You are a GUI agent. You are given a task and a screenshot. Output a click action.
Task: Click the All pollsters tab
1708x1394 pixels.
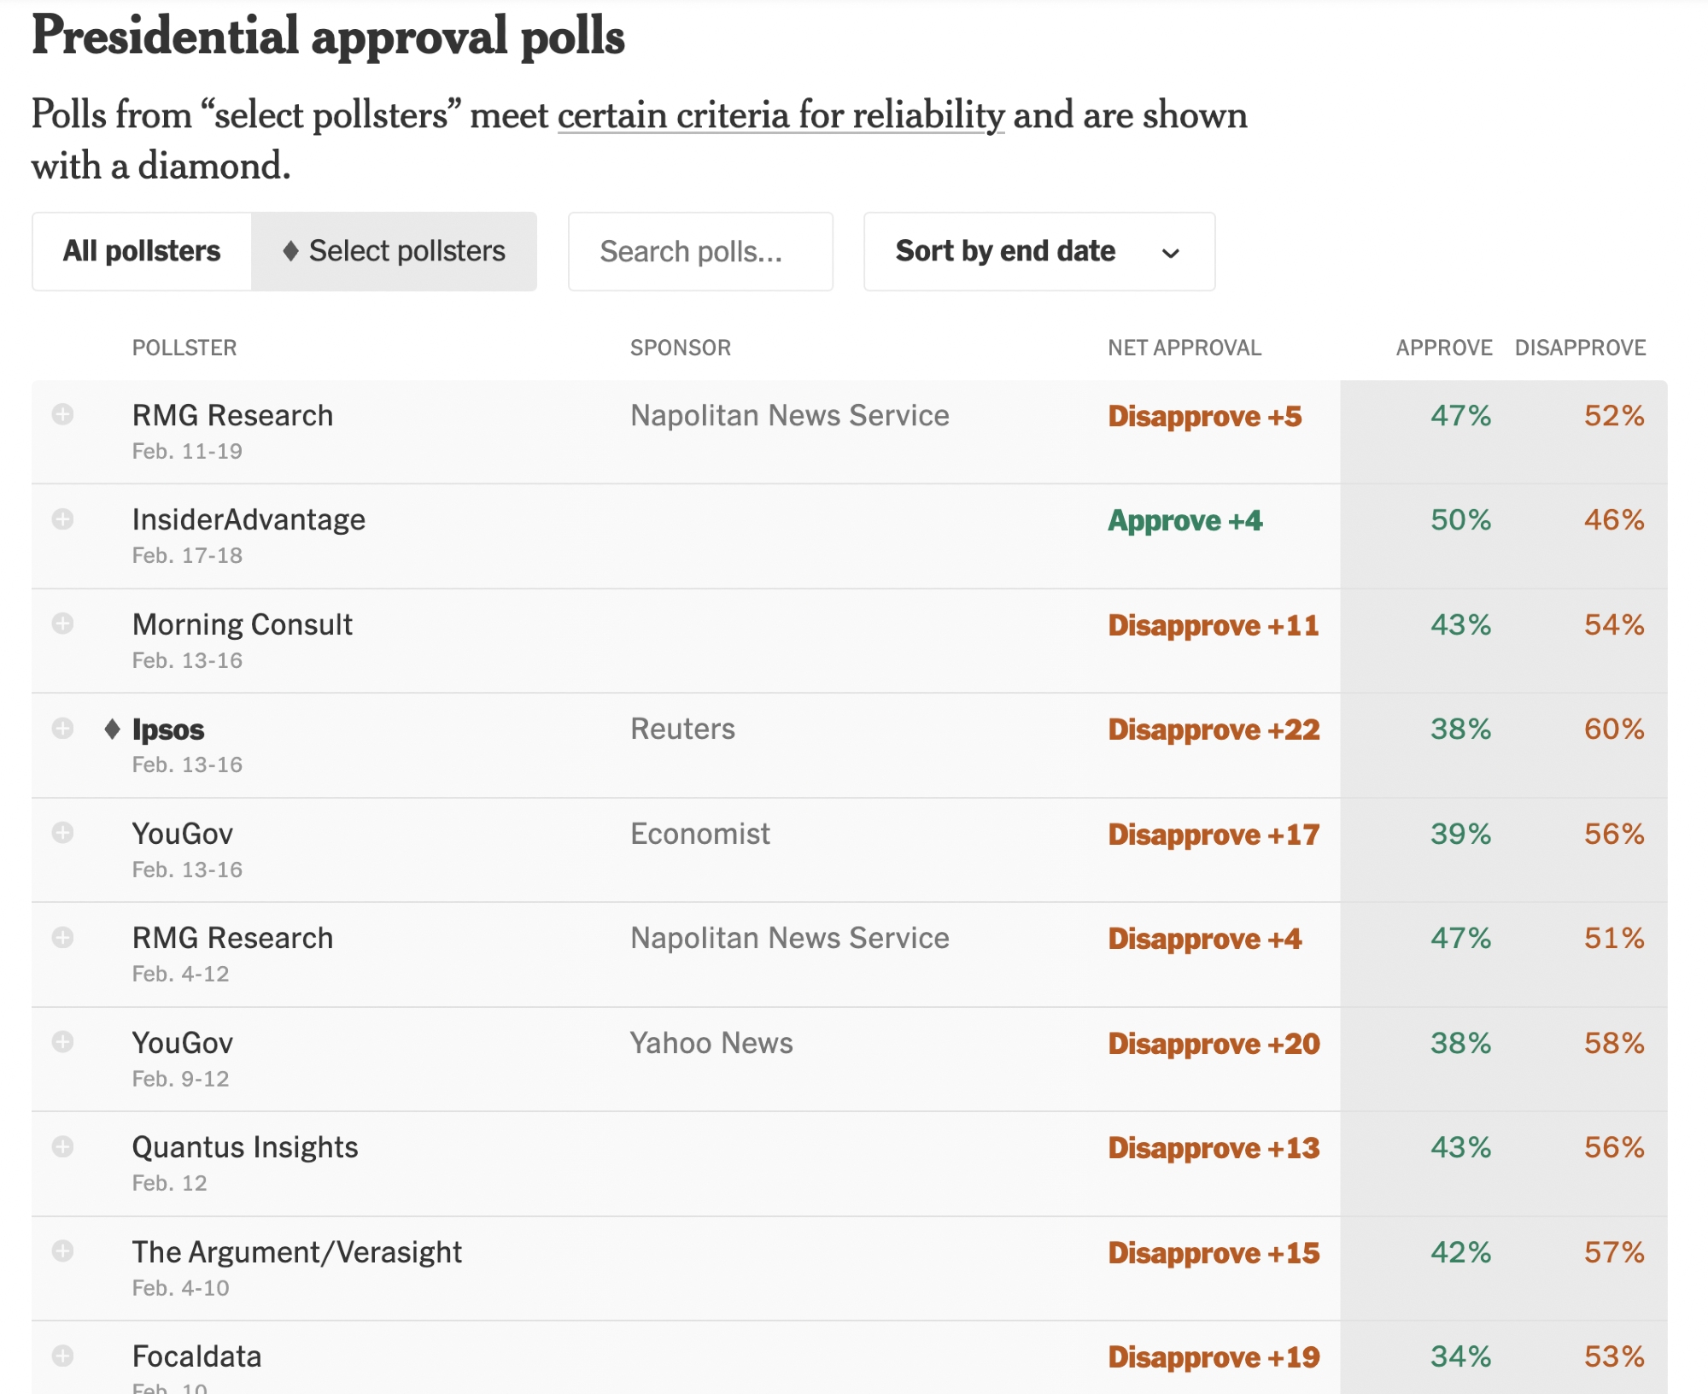pyautogui.click(x=142, y=251)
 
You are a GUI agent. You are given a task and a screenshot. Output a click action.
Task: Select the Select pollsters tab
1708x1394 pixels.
pyautogui.click(x=394, y=251)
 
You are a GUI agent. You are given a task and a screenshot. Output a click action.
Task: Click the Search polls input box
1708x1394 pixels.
pyautogui.click(x=700, y=251)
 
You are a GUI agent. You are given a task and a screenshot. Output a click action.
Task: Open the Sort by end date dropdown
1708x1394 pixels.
pyautogui.click(x=1038, y=251)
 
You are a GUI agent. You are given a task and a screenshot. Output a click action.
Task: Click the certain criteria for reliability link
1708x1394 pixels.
pyautogui.click(x=781, y=115)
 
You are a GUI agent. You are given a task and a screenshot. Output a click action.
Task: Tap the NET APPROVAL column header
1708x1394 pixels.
pyautogui.click(x=1184, y=348)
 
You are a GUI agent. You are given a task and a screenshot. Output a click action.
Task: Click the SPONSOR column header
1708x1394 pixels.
pyautogui.click(x=680, y=348)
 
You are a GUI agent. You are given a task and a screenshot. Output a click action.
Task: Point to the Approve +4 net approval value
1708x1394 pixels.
pyautogui.click(x=1184, y=520)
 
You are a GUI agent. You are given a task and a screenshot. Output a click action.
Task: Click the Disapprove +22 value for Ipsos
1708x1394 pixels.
pyautogui.click(x=1213, y=729)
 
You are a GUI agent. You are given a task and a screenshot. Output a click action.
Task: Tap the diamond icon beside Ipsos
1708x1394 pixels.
pyautogui.click(x=112, y=729)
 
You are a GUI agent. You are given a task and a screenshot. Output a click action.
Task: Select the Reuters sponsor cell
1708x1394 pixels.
pyautogui.click(x=682, y=729)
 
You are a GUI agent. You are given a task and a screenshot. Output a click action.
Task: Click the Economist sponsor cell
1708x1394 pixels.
pyautogui.click(x=699, y=834)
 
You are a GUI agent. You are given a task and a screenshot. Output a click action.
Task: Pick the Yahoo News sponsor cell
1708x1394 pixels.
pyautogui.click(x=711, y=1043)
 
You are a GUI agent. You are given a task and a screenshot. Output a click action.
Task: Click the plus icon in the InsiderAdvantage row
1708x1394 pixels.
pyautogui.click(x=62, y=519)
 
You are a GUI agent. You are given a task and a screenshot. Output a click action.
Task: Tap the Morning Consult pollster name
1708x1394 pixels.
pyautogui.click(x=242, y=624)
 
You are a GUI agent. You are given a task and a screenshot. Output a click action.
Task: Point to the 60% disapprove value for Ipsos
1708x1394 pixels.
pyautogui.click(x=1613, y=729)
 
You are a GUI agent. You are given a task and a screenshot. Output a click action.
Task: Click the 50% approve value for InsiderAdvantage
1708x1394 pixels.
pyautogui.click(x=1460, y=519)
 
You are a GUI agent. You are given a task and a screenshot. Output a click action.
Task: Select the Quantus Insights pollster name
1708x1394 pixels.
pyautogui.click(x=245, y=1147)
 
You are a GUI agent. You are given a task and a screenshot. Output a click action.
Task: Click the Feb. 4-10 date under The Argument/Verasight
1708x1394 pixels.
pyautogui.click(x=180, y=1288)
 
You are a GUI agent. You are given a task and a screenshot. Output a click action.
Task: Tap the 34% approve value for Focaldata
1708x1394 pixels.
pyautogui.click(x=1460, y=1356)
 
